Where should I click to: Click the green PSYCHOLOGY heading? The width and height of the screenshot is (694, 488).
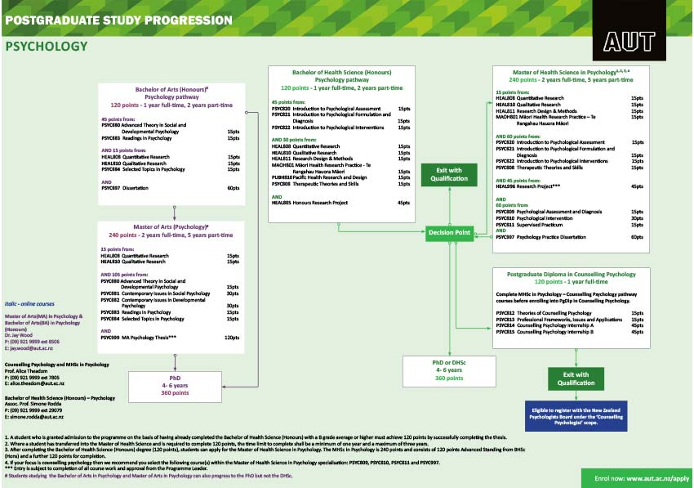pyautogui.click(x=47, y=47)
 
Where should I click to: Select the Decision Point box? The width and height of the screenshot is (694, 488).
pyautogui.click(x=451, y=234)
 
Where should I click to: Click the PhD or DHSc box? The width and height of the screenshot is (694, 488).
pyautogui.click(x=451, y=369)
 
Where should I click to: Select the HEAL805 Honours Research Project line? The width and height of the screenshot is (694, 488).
pyautogui.click(x=340, y=203)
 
